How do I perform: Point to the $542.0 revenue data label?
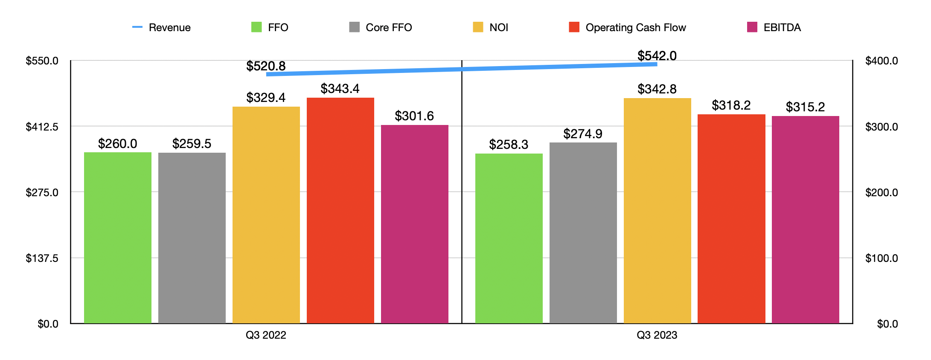coord(657,56)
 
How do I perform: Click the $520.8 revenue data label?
coord(266,66)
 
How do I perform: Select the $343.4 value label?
coord(340,89)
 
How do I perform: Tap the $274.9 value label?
coord(583,134)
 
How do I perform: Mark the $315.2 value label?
coord(805,107)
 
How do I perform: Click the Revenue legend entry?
coord(162,28)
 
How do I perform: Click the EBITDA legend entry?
coord(774,28)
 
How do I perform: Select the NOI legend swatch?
coord(478,27)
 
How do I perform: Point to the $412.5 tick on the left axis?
coord(42,127)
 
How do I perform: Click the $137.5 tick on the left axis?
coord(42,258)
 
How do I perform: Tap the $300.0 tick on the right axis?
coord(881,127)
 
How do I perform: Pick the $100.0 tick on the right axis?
coord(881,258)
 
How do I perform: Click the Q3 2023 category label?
coord(657,335)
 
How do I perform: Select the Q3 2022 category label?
coord(266,335)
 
